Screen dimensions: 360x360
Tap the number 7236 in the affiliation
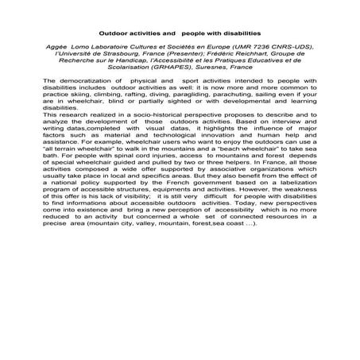tap(250, 48)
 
